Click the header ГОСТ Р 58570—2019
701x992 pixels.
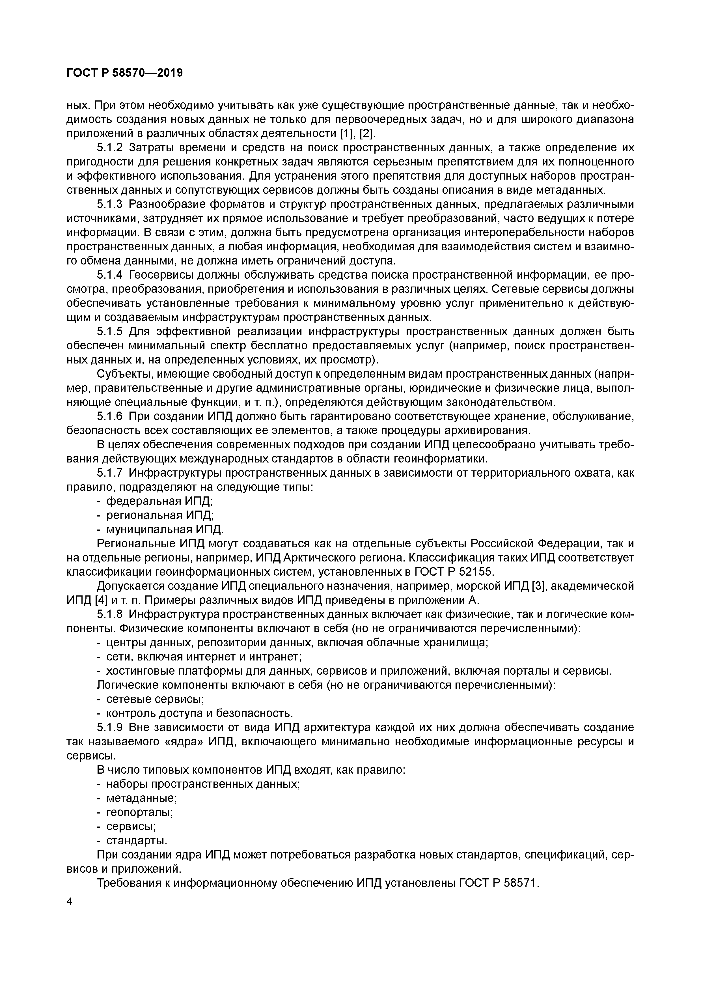pyautogui.click(x=124, y=73)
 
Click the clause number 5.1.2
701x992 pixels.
pyautogui.click(x=110, y=148)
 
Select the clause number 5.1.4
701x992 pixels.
pyautogui.click(x=110, y=275)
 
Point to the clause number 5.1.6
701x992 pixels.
pyautogui.click(x=110, y=416)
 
